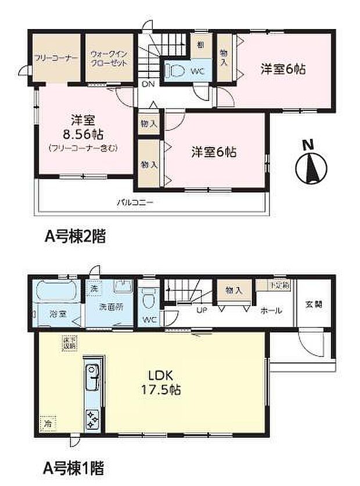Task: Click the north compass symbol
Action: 308,164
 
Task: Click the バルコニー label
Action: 134,203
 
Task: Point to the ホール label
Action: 271,311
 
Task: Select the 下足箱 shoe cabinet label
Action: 281,285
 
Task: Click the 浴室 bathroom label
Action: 57,314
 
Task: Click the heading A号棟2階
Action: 75,236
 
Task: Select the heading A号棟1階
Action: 75,466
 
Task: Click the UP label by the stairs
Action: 202,311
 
